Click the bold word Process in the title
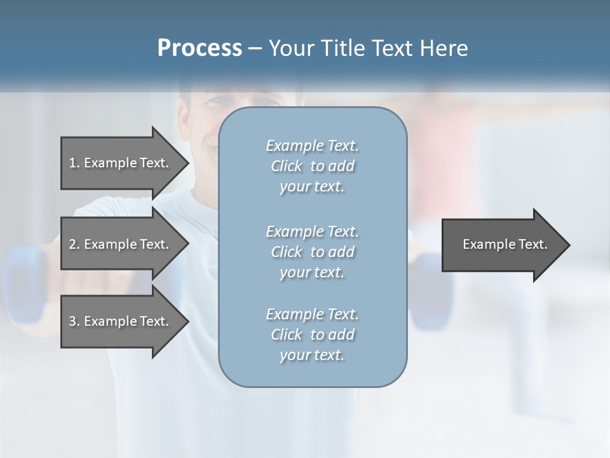(200, 48)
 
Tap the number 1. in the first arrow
(74, 163)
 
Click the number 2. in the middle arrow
(74, 244)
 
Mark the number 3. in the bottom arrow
(74, 321)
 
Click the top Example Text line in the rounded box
(312, 146)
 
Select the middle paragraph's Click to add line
(312, 252)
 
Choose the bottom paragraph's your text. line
(312, 356)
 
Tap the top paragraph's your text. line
(312, 187)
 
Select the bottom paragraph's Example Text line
(312, 314)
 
